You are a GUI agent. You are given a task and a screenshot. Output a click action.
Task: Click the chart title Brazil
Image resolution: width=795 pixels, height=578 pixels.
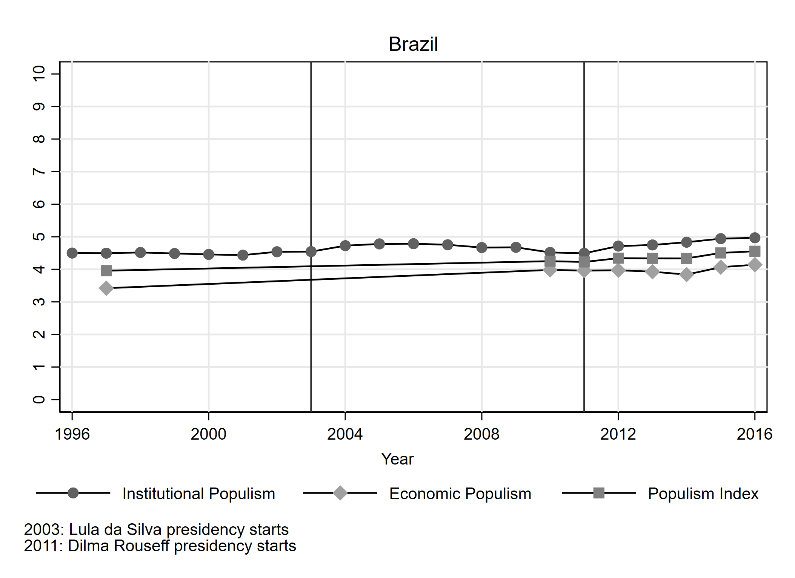(413, 44)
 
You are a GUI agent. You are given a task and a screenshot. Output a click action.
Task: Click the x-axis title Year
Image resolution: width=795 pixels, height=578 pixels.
(397, 459)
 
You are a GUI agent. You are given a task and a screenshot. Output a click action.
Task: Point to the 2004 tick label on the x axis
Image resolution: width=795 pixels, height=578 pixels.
(345, 434)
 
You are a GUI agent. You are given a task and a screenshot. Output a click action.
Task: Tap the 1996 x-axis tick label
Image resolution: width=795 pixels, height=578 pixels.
(72, 434)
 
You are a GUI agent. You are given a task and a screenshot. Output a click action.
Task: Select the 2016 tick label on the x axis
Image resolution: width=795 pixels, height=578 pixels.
(754, 434)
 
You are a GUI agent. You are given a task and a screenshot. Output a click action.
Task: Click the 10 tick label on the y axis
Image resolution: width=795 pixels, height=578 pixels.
(39, 74)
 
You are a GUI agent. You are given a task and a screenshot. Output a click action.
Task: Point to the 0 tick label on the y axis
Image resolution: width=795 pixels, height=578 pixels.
(39, 399)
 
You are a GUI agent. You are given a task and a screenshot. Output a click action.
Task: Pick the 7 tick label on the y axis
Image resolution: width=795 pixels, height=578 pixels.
(39, 172)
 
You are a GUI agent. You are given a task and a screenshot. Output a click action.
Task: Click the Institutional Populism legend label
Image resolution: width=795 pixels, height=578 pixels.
(199, 494)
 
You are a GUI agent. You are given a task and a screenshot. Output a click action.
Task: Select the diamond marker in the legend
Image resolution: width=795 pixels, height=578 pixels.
(340, 493)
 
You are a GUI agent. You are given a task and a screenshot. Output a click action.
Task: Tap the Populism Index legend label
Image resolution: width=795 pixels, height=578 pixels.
(703, 494)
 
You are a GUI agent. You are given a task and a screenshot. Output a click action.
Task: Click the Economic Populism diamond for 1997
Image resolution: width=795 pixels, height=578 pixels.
(106, 288)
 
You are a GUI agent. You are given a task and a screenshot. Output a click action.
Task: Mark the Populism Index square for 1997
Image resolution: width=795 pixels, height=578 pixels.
(106, 271)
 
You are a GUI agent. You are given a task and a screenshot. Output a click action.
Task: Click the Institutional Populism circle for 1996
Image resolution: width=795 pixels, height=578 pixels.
(72, 253)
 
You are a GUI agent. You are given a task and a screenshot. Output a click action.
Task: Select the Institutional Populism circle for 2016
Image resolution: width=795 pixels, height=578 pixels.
(754, 238)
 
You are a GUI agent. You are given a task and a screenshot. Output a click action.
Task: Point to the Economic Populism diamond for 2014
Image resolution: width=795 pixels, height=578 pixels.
(686, 274)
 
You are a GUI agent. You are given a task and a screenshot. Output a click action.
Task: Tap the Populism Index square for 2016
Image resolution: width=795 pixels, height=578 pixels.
(754, 251)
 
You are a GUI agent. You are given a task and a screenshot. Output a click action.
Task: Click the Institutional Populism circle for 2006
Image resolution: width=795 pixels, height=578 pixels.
(413, 244)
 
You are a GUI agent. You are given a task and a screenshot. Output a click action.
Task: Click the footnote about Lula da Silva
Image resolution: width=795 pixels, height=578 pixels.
(156, 530)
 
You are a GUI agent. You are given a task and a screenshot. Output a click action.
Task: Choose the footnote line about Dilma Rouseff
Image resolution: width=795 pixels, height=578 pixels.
(160, 546)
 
